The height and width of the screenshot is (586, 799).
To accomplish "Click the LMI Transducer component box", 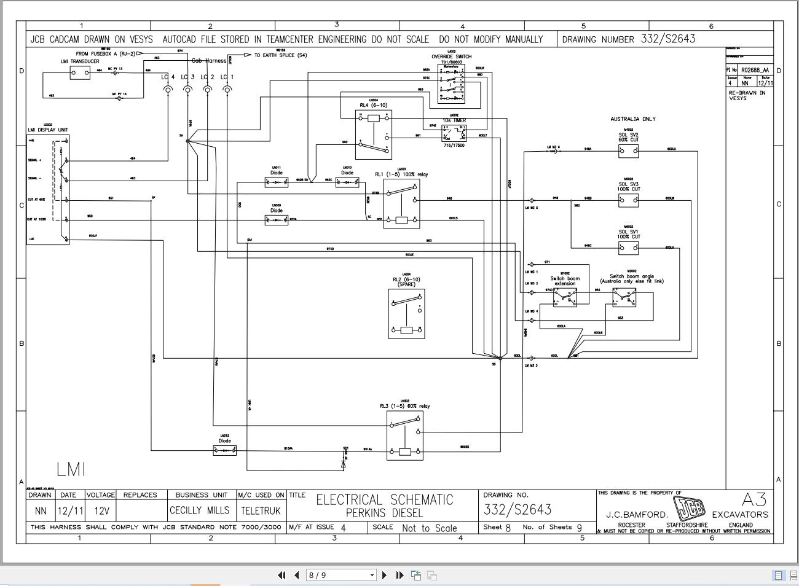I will (x=79, y=73).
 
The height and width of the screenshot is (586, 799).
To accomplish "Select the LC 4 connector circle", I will (x=167, y=90).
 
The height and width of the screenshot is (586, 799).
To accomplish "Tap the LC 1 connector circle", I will (x=227, y=90).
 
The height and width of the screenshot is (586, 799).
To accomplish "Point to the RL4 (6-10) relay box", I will (x=373, y=135).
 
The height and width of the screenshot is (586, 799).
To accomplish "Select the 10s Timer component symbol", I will (x=454, y=133).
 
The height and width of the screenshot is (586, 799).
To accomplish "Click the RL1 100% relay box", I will (x=401, y=203).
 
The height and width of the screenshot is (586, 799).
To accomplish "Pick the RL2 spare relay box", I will (x=406, y=313).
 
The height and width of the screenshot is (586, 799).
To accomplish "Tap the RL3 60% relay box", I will (x=405, y=436).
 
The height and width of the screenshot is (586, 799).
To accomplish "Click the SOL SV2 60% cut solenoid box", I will (x=628, y=150).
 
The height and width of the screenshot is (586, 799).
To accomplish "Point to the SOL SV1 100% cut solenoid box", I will (x=628, y=248).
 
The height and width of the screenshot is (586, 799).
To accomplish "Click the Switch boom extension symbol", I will (x=564, y=298).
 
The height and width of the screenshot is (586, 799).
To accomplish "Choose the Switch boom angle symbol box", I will (x=624, y=298).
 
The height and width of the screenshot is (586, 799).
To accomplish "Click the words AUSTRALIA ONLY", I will (x=632, y=119).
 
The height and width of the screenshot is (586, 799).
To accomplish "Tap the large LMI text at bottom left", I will (x=71, y=469).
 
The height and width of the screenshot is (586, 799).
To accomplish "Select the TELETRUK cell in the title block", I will (x=261, y=510).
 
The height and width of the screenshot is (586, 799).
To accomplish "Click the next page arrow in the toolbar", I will (x=385, y=576).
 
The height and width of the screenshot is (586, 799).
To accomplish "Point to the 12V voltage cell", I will (x=101, y=510).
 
